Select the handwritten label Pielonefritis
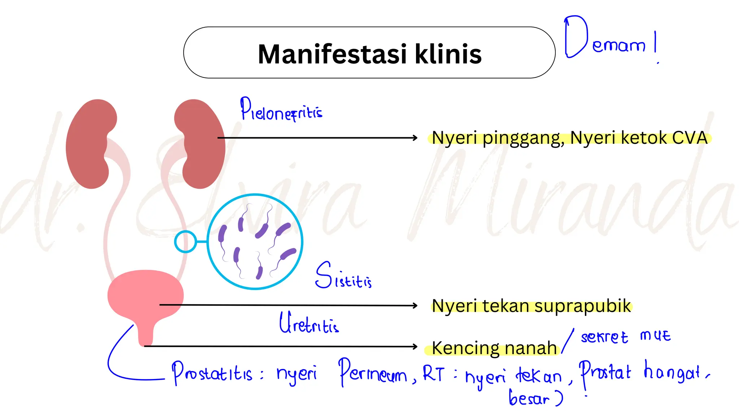pyautogui.click(x=281, y=110)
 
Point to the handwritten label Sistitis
pyautogui.click(x=343, y=277)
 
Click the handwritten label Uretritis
pyautogui.click(x=309, y=323)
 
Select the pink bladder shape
pyautogui.click(x=145, y=295)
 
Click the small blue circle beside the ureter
pyautogui.click(x=185, y=241)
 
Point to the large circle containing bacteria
pyautogui.click(x=255, y=241)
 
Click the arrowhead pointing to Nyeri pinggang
pyautogui.click(x=415, y=138)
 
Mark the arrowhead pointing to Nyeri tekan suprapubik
pyautogui.click(x=415, y=305)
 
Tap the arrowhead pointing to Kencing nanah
pyautogui.click(x=415, y=347)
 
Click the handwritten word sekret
pyautogui.click(x=604, y=337)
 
